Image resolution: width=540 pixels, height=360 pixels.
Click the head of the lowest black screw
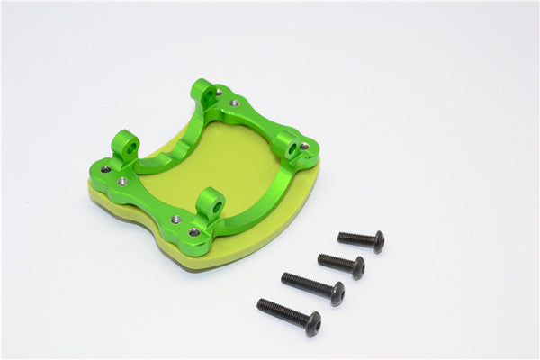tap(312, 323)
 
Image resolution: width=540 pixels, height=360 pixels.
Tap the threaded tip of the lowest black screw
tap(262, 304)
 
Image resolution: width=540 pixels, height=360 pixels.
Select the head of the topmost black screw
tap(379, 240)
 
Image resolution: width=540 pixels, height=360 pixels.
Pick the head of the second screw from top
tap(358, 266)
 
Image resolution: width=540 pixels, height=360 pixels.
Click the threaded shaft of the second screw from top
tap(335, 261)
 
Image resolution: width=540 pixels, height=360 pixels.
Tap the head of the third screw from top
tap(337, 292)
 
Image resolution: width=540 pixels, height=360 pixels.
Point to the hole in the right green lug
tap(291, 141)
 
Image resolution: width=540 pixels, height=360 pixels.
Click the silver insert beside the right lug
tap(304, 147)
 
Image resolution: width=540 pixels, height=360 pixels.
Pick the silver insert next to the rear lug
tap(235, 103)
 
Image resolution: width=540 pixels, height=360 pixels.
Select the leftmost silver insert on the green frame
tap(106, 168)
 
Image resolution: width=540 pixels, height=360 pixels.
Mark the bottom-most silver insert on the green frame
tap(193, 232)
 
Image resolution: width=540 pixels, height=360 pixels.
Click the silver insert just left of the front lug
tap(176, 218)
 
